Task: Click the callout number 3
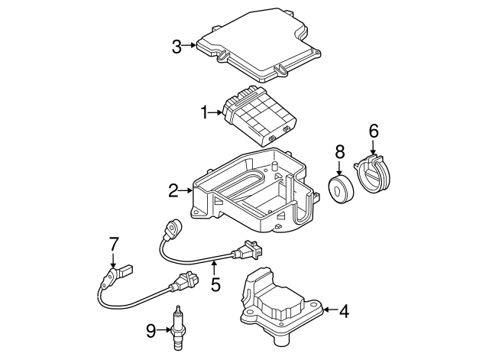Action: click(176, 47)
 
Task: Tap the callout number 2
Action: click(173, 189)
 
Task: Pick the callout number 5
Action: click(215, 285)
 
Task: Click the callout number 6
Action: click(374, 131)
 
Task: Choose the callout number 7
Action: click(113, 245)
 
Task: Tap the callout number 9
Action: click(151, 330)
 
